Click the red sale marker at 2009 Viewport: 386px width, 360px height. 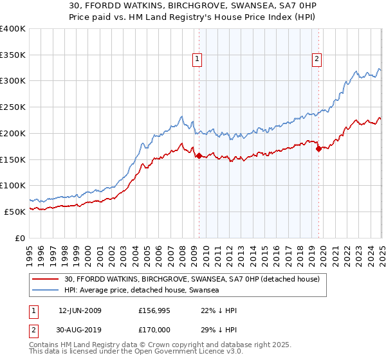(199, 155)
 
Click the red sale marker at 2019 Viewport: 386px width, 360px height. (318, 148)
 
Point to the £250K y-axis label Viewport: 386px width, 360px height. (12, 107)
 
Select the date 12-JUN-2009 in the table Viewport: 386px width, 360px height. (80, 310)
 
